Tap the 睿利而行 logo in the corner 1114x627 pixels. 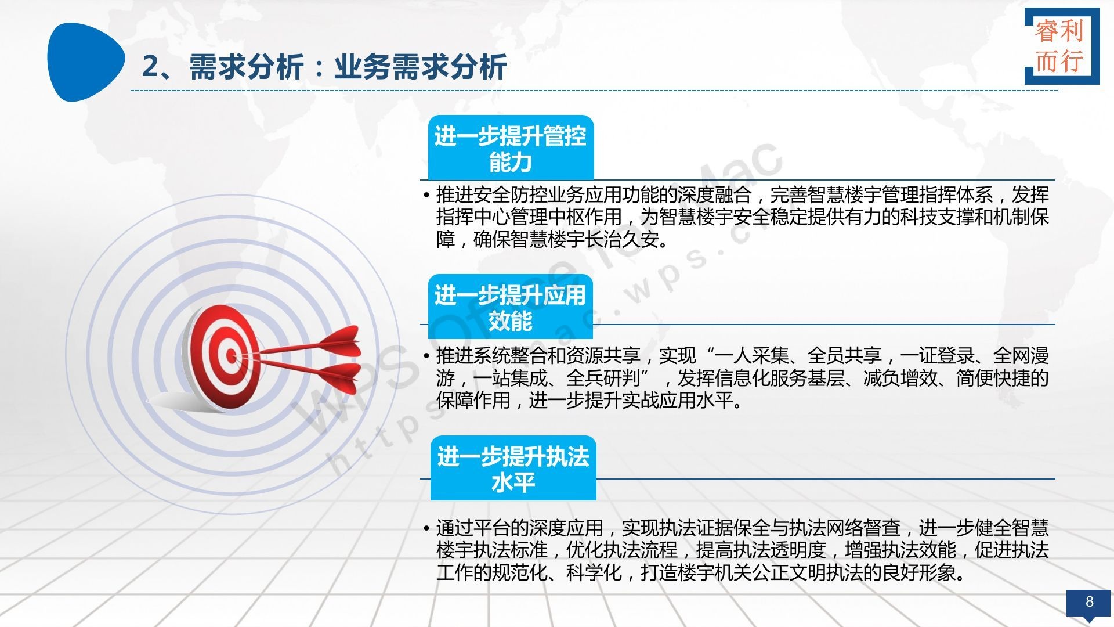point(1062,46)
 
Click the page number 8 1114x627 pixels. point(1089,601)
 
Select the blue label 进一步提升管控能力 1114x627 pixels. point(511,148)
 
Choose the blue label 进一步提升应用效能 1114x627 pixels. point(510,307)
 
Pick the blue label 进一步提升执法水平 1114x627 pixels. point(513,468)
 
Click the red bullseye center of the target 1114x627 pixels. point(231,355)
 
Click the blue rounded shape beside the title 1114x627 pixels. point(85,62)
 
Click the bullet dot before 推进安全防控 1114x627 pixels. point(426,194)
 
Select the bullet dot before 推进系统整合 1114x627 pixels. point(426,356)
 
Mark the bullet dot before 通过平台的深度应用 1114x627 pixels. point(426,528)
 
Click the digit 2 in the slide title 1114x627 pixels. point(150,67)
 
